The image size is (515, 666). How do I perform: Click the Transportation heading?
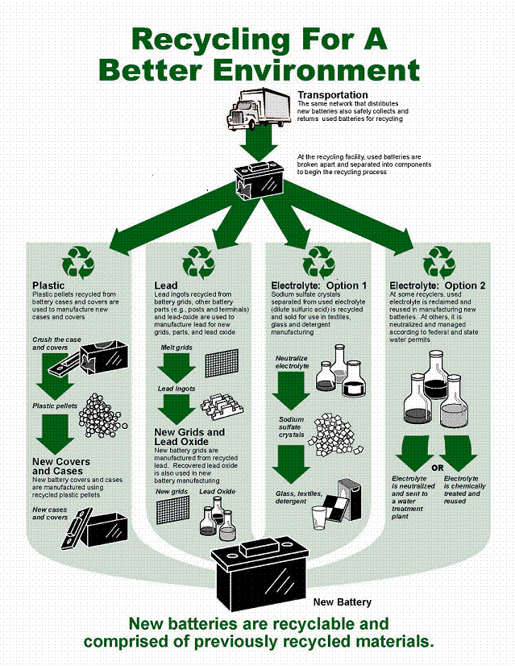pos(332,95)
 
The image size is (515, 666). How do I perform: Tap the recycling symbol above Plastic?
pos(78,262)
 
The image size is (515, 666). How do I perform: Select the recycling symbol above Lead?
pos(198,261)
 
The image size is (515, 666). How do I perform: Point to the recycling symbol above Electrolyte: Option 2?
pos(440,262)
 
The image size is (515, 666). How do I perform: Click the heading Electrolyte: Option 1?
pos(319,285)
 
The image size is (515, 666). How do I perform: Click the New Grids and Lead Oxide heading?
pos(189,437)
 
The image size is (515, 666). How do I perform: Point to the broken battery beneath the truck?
pos(258,179)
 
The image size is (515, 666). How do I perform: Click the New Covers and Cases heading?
pos(61,466)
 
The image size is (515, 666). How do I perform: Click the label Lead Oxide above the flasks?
pos(218,491)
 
